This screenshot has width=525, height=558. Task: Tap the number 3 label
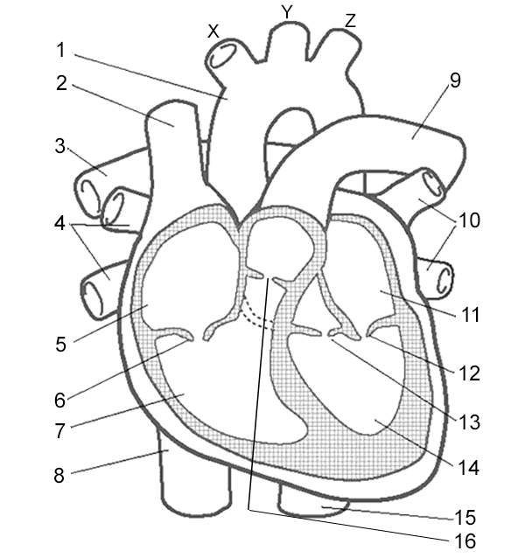(60, 146)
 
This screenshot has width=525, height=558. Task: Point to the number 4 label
(60, 222)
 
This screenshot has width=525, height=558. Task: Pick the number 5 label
(60, 344)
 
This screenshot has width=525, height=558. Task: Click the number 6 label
(59, 400)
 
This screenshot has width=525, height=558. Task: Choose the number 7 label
(59, 432)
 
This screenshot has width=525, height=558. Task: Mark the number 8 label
(59, 477)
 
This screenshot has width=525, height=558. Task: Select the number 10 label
(469, 220)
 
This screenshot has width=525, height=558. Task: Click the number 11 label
(471, 313)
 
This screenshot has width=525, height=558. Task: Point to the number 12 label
(469, 373)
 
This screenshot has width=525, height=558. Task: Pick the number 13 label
(469, 422)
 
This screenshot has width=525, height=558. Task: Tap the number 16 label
(465, 541)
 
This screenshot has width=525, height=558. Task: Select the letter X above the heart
(213, 31)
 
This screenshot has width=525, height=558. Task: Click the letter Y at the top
(286, 11)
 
